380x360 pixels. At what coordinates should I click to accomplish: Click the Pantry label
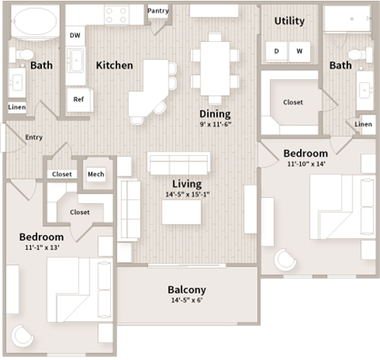coord(158,11)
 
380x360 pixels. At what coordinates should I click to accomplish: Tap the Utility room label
coord(290,21)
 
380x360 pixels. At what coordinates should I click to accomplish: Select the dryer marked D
coord(277,51)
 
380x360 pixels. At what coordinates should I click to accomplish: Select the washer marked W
coord(300,51)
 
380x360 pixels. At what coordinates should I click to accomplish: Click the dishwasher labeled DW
coord(75,36)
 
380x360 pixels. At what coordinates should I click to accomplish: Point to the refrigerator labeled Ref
coord(78,99)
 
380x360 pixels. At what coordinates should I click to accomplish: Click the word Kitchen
coord(114,65)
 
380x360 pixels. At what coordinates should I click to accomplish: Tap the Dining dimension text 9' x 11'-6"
coord(215,124)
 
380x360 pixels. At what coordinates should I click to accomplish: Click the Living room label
coord(187,184)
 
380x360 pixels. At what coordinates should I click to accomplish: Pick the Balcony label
coord(187,290)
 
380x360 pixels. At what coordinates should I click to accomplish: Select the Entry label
coord(34,137)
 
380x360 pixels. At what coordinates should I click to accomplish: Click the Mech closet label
coord(97,174)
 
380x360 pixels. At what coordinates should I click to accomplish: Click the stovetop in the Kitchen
coord(116,13)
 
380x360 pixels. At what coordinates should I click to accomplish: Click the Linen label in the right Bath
coord(363,124)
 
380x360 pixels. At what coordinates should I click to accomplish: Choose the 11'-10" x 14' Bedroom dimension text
coord(305,165)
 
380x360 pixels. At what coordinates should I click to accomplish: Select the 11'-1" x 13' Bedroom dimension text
coord(41,248)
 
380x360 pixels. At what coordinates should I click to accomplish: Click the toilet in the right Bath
coord(356,54)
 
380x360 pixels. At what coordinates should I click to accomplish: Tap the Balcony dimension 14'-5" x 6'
coord(187,301)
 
